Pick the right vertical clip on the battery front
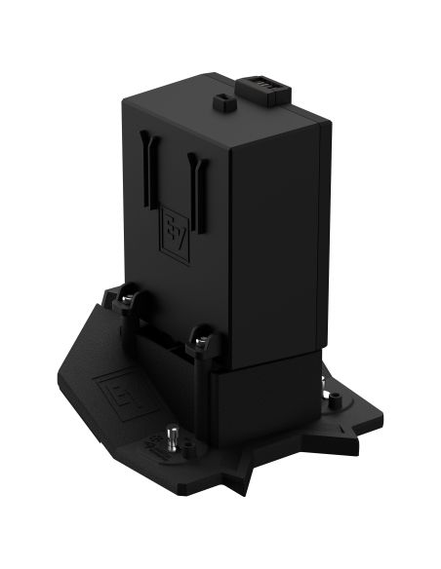click(199, 194)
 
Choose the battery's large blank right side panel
click(279, 244)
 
